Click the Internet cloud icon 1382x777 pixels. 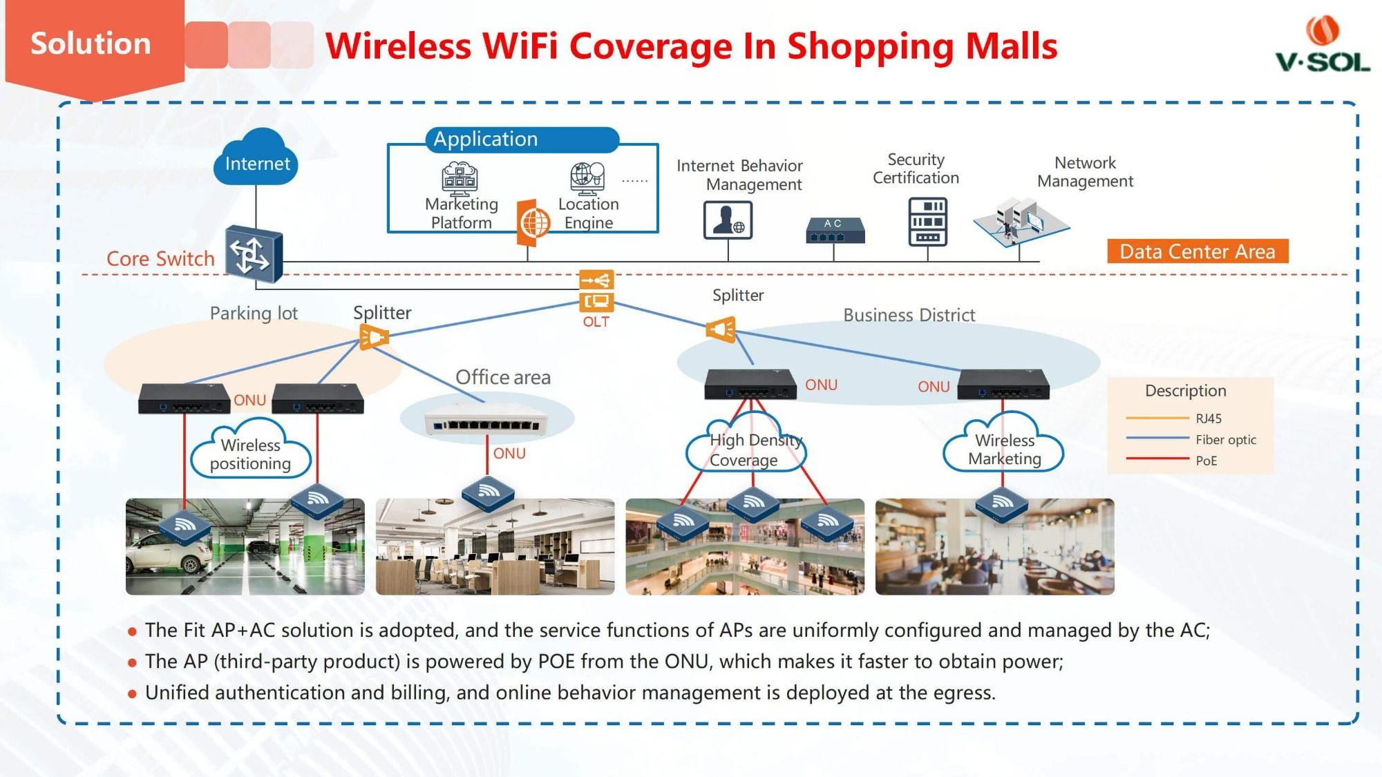(x=256, y=159)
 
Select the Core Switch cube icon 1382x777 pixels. (x=254, y=254)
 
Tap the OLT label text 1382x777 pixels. (x=596, y=322)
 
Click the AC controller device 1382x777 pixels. (x=835, y=231)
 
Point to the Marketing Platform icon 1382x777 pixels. (x=460, y=178)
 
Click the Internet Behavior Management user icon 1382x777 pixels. (x=728, y=220)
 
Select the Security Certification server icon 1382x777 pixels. (x=927, y=222)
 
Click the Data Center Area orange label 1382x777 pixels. (x=1198, y=251)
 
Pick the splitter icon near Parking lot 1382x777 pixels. (x=374, y=338)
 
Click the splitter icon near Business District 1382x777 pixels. (x=721, y=329)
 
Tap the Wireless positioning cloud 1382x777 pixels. (x=250, y=453)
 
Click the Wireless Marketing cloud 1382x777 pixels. (x=1004, y=449)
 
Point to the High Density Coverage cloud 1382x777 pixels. (x=746, y=449)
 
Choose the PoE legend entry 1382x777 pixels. (x=1206, y=461)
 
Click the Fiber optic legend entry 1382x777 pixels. (x=1225, y=439)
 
